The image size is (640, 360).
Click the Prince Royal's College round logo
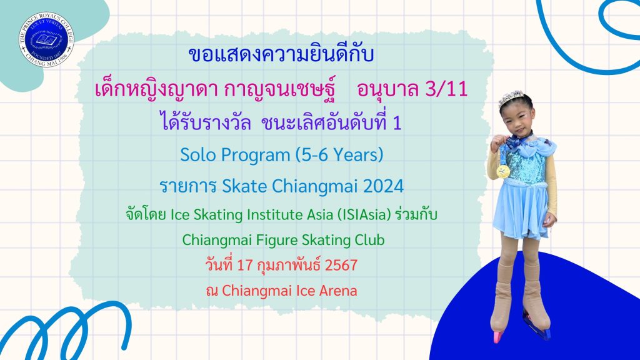point(46,39)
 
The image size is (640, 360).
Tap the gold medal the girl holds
point(503,171)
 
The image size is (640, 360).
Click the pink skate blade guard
point(497,337)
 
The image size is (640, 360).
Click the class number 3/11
point(446,89)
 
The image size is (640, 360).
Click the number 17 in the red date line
point(245,265)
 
